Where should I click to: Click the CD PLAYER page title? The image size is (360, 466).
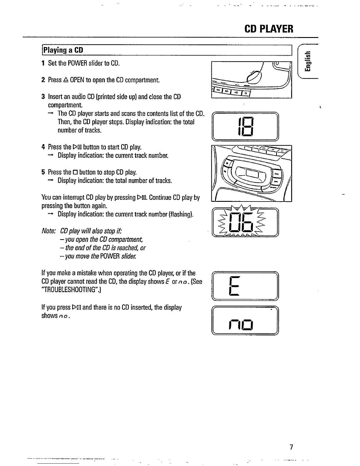[269, 29]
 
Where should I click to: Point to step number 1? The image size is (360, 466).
[43, 63]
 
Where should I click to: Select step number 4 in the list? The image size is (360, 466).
[43, 147]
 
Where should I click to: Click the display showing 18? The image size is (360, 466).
[245, 127]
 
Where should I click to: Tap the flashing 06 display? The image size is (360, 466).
[245, 222]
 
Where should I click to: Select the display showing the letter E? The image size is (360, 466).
[245, 286]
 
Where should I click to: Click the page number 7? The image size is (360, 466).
[291, 447]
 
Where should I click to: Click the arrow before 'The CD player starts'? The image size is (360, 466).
[51, 114]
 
